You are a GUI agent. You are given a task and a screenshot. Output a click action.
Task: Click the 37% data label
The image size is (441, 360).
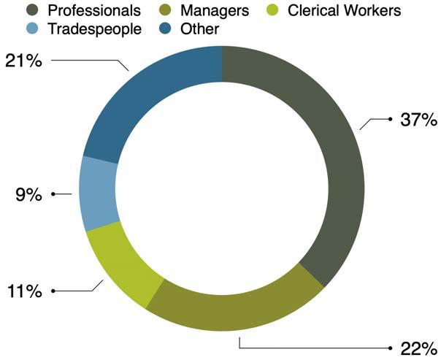click(418, 120)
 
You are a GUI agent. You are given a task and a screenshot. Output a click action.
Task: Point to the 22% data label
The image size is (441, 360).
click(418, 348)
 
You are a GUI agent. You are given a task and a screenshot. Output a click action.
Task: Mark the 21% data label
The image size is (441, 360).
click(23, 61)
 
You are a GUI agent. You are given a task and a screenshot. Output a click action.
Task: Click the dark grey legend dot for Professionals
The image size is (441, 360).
click(32, 11)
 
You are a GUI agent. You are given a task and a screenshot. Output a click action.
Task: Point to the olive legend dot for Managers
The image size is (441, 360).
click(164, 11)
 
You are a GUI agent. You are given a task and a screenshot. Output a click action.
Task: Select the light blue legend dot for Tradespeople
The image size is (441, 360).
click(32, 29)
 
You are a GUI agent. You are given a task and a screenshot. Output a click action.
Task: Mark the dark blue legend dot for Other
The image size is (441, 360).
click(164, 29)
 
